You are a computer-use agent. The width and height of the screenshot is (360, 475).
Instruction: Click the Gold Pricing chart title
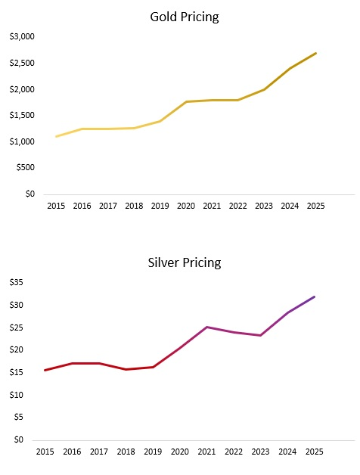tap(185, 17)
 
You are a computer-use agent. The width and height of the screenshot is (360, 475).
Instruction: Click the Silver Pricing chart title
tap(185, 263)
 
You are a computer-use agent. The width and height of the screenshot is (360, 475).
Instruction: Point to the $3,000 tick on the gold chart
tap(22, 36)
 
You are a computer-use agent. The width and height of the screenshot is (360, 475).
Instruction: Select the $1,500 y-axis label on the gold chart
tap(22, 115)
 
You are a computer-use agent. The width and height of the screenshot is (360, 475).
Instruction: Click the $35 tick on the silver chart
tap(16, 282)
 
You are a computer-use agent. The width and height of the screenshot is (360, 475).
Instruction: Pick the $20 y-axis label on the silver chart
tap(16, 349)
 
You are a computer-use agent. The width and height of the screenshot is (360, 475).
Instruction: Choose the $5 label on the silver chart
tap(18, 417)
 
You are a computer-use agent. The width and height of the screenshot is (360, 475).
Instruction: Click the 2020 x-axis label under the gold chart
tap(185, 206)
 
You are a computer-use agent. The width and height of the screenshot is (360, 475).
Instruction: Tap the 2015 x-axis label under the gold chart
tap(56, 206)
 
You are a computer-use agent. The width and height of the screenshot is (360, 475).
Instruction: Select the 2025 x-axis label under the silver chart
tap(314, 452)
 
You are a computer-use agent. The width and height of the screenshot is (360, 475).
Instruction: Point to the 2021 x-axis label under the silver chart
tap(206, 452)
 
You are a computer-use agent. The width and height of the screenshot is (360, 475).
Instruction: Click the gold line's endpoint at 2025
tap(315, 53)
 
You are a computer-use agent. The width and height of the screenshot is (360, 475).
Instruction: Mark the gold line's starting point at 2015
tap(56, 137)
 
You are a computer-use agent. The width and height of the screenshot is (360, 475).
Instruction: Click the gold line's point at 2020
tap(185, 101)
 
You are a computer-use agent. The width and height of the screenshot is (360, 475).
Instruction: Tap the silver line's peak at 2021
tap(206, 327)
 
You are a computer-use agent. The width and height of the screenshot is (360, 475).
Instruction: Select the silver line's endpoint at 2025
tap(314, 296)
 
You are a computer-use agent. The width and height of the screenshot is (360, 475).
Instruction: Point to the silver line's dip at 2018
tap(126, 369)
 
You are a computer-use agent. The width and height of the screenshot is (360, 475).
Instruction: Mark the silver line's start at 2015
tap(45, 370)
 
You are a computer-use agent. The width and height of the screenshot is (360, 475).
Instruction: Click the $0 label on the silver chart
tap(18, 439)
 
